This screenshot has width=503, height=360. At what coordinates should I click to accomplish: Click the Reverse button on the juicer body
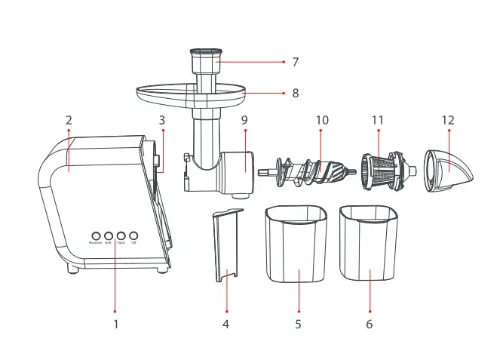(96, 235)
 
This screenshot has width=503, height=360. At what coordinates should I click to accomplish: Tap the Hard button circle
(121, 235)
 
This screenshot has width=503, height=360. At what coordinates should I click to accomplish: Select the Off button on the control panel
(133, 235)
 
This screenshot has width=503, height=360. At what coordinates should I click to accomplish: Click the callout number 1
(115, 325)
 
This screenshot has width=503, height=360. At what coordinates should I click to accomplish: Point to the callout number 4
(225, 325)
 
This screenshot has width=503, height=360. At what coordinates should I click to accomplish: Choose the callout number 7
(296, 61)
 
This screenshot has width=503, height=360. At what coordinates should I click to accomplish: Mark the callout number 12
(449, 120)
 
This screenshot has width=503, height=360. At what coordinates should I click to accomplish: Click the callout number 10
(322, 120)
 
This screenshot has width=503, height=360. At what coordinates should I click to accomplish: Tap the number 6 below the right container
(370, 325)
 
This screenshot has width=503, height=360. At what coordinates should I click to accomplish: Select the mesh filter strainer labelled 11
(385, 170)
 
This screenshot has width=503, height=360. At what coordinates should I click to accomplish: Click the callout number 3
(161, 120)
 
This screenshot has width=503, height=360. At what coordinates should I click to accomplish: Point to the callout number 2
(69, 120)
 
